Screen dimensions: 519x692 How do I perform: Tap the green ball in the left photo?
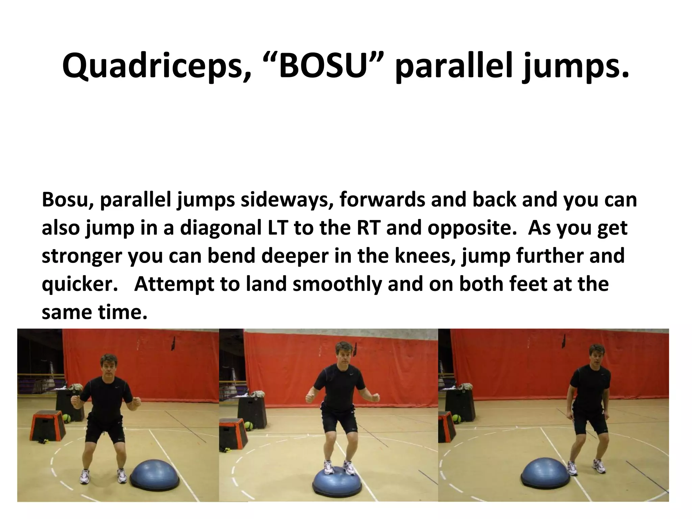pyautogui.click(x=66, y=418)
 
